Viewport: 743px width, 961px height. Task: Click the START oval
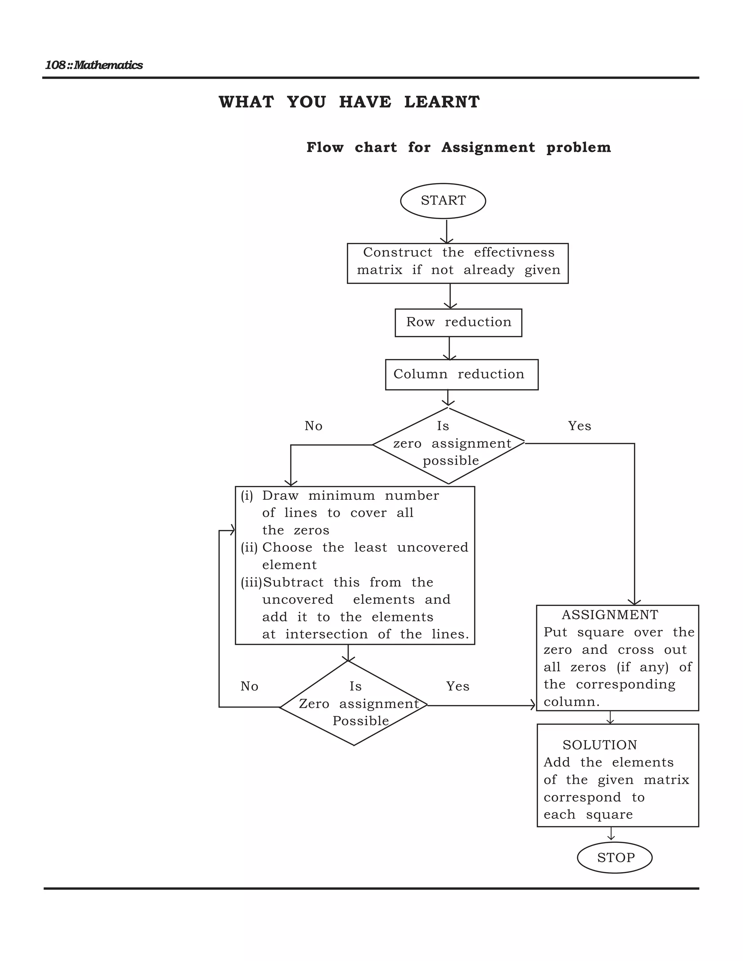pyautogui.click(x=443, y=201)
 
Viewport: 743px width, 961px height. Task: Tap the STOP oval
pyautogui.click(x=615, y=857)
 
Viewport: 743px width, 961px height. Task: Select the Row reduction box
pyautogui.click(x=458, y=322)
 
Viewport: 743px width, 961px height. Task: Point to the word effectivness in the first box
pyautogui.click(x=514, y=252)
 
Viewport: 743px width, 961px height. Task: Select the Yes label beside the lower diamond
pyautogui.click(x=457, y=686)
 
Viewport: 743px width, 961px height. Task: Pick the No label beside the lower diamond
pyautogui.click(x=249, y=686)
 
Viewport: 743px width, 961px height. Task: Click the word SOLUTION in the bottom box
pyautogui.click(x=599, y=745)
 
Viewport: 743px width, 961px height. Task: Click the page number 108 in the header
pyautogui.click(x=55, y=65)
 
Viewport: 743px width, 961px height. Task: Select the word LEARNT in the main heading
pyautogui.click(x=442, y=102)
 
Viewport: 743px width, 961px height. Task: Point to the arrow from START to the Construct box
pyautogui.click(x=446, y=231)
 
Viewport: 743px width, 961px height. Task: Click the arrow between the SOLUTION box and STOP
pyautogui.click(x=611, y=833)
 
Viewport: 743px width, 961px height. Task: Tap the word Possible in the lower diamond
pyautogui.click(x=361, y=721)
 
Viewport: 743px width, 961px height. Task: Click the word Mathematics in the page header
pyautogui.click(x=108, y=65)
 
